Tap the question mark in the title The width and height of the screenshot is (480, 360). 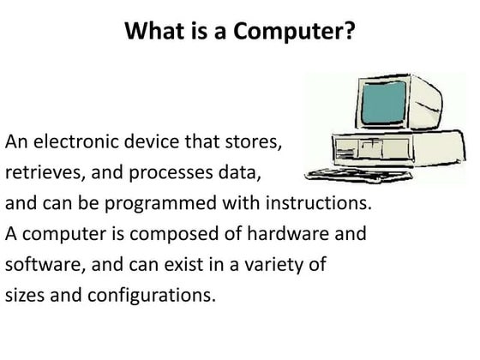click(349, 30)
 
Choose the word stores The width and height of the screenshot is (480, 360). click(254, 142)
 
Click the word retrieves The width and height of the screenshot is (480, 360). click(45, 172)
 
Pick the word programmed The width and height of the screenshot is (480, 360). click(161, 204)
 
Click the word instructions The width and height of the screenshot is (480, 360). click(318, 202)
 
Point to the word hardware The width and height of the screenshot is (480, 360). click(288, 233)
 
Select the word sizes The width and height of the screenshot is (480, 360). click(25, 295)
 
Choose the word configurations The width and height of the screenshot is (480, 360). click(152, 296)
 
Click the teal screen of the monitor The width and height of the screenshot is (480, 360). click(384, 102)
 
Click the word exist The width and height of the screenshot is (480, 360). click(183, 264)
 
